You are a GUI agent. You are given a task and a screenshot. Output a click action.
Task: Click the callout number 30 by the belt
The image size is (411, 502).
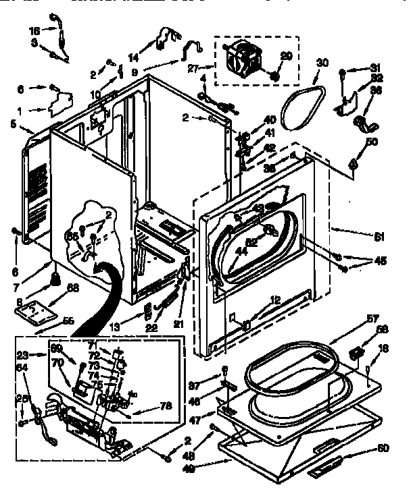click(322, 63)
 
